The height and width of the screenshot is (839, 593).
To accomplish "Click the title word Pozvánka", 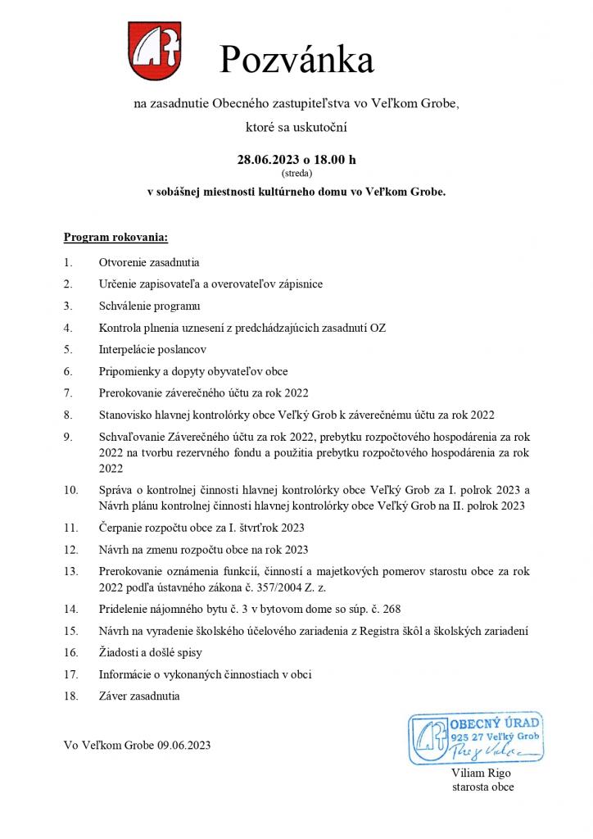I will [296, 60].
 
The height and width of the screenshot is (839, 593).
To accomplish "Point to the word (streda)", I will [296, 173].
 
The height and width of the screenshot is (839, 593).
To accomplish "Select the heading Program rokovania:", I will [115, 238].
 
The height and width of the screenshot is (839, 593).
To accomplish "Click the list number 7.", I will [68, 392].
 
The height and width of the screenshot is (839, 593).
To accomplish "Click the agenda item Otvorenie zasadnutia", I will [149, 263].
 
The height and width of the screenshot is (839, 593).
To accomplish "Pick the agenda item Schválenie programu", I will [149, 306].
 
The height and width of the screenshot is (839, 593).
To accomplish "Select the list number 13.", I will [70, 570].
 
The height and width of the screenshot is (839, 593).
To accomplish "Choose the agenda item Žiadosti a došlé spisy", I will [150, 653].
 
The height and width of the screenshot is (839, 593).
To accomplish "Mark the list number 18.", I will [70, 696].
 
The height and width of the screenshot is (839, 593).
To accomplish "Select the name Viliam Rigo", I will [478, 773].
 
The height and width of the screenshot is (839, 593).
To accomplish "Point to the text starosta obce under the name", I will [483, 787].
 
